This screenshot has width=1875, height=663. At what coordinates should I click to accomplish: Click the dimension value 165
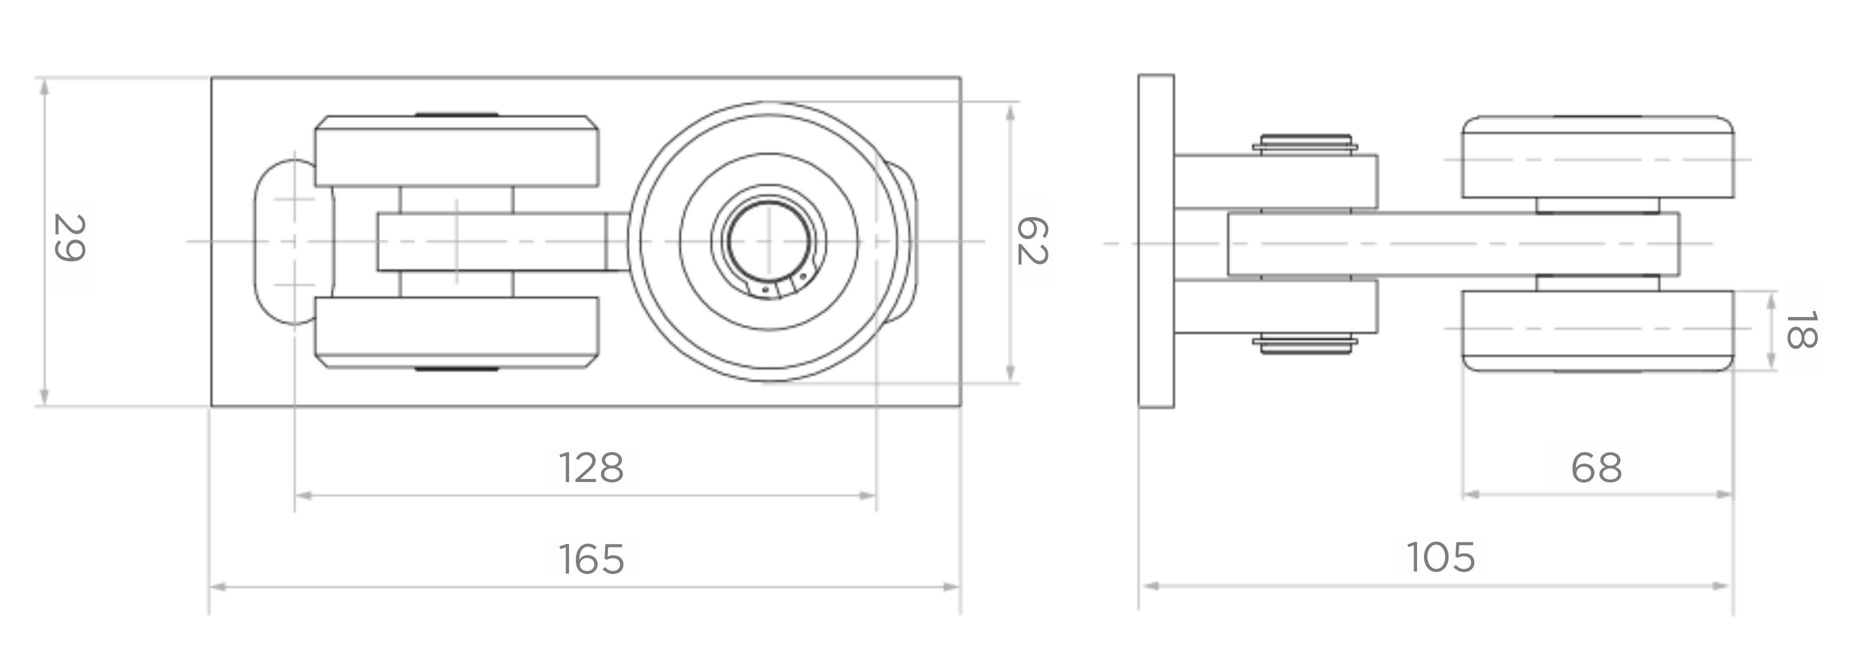coord(591,559)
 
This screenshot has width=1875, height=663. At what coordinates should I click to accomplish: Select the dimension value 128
coord(591,468)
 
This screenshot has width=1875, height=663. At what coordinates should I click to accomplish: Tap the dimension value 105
coord(1440,558)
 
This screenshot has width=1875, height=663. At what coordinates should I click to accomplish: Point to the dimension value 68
coord(1596,468)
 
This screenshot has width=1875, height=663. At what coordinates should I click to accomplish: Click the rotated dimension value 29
coord(70,238)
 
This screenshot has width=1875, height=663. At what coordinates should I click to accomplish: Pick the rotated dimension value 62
coord(1031,241)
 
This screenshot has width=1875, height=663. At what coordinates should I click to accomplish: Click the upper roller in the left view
coord(457,150)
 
